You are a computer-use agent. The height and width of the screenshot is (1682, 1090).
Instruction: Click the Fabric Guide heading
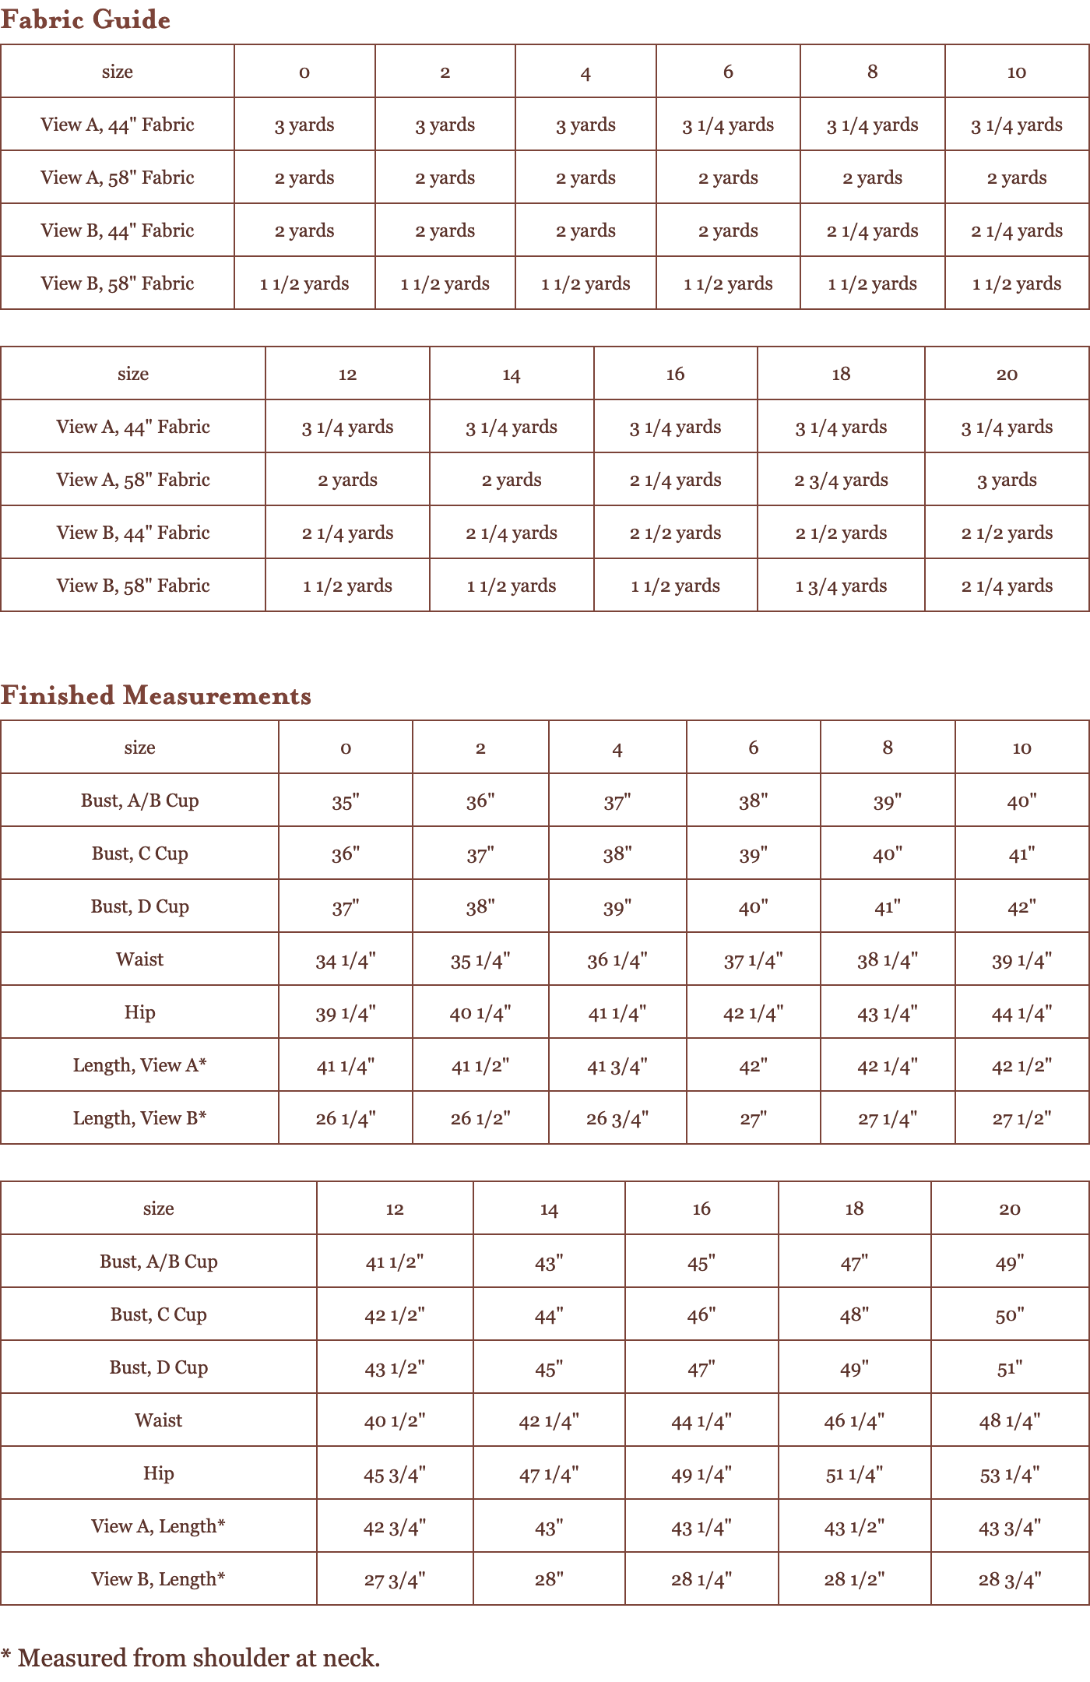86,19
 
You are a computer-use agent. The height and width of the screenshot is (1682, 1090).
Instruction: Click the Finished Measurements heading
156,695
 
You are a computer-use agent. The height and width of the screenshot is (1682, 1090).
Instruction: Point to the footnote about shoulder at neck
191,1658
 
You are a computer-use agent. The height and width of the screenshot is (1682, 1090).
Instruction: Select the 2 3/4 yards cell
841,480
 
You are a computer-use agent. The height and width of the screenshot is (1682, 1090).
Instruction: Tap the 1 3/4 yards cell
841,586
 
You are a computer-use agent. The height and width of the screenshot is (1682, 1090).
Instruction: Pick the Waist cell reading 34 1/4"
346,960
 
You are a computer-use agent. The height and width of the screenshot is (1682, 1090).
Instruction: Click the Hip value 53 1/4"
1009,1474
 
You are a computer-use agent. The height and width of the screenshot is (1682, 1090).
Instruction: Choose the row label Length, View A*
140,1065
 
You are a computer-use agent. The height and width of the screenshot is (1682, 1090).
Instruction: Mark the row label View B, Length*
158,1579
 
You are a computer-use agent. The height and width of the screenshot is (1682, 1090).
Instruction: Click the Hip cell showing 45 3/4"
395,1474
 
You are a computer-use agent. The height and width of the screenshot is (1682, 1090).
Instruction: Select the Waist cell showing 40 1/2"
395,1421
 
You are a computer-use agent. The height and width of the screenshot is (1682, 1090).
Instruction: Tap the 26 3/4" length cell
617,1119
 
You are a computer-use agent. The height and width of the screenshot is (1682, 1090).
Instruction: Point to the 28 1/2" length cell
854,1579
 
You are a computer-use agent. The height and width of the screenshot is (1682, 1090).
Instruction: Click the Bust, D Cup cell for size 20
1009,1368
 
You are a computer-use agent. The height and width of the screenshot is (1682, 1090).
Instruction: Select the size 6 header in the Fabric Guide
728,72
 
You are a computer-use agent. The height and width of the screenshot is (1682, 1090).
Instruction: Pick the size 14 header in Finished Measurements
549,1209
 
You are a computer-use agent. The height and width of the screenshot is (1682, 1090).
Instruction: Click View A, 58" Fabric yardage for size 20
1007,480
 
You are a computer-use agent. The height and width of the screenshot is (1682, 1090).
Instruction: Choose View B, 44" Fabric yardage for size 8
872,230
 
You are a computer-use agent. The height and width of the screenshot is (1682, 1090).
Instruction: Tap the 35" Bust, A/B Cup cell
346,801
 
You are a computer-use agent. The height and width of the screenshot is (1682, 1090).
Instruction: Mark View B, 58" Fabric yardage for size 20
1007,586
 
